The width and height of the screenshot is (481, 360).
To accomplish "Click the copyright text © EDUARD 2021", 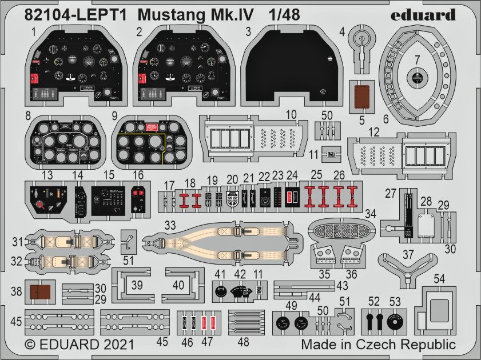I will coord(79,345).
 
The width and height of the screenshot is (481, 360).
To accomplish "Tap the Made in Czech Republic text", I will coord(378,345).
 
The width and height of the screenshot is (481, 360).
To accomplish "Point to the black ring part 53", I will coord(395,322).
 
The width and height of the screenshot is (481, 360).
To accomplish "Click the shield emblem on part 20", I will coord(233,198).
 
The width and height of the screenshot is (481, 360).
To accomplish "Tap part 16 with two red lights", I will coord(137,200).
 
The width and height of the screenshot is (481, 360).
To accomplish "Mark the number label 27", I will coord(391,194).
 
